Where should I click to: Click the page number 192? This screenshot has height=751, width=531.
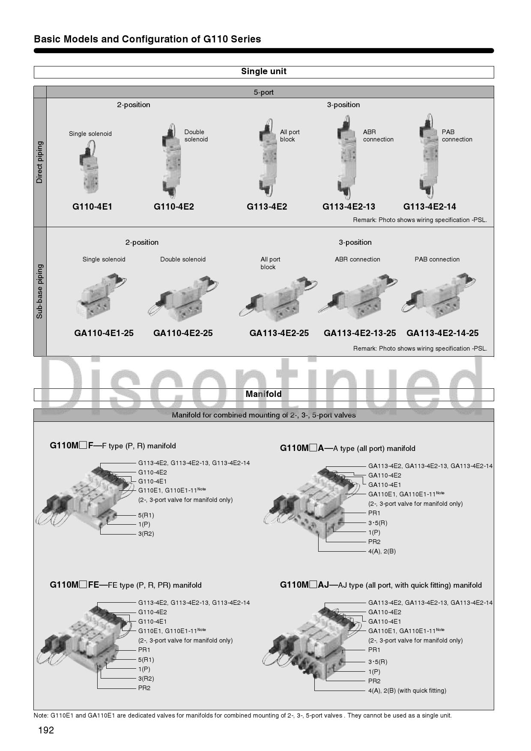(46, 730)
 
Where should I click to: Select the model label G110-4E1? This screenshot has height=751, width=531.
(92, 207)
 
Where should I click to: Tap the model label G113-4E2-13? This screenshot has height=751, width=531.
(349, 207)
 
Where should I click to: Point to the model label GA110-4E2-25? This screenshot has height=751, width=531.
(183, 333)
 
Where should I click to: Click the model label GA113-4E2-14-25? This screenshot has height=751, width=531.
(442, 333)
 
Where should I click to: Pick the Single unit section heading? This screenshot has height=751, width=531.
(264, 71)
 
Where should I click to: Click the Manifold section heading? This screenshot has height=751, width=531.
(264, 394)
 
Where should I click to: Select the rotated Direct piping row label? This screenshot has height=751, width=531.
(39, 162)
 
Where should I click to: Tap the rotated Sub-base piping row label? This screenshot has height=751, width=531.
(39, 291)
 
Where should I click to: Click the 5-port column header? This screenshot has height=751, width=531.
(264, 92)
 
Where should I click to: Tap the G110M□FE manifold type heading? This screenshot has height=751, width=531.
(125, 585)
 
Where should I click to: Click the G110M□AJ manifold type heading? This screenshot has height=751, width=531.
(381, 585)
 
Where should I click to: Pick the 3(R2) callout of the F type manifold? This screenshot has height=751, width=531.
(146, 534)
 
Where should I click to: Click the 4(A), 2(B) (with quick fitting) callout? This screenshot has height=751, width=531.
(407, 691)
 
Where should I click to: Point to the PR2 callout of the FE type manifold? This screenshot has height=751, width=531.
(144, 688)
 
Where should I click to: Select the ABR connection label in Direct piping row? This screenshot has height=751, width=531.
(378, 135)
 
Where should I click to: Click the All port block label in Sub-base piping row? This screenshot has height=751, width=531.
(270, 263)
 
